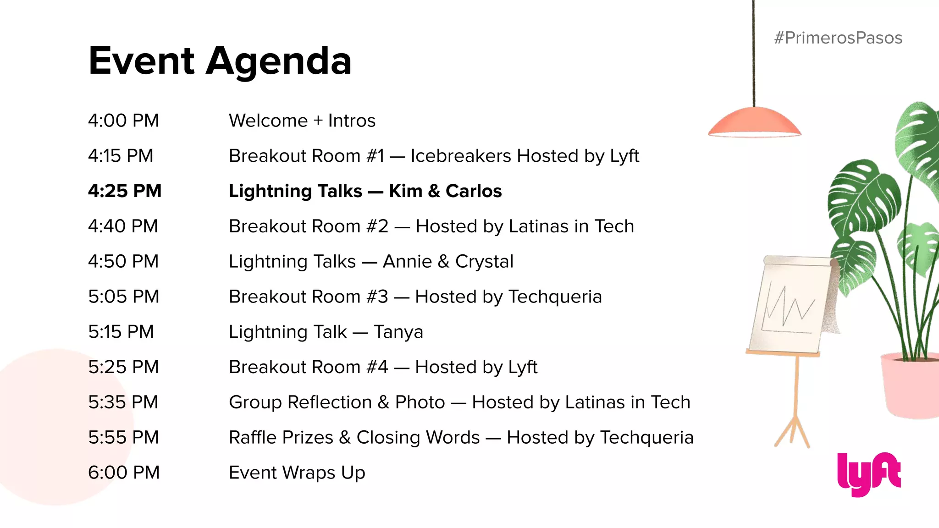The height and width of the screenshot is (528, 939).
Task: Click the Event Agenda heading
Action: click(220, 61)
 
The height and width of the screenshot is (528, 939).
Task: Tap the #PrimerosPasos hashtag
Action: click(838, 38)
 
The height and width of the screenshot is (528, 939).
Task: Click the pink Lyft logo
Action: click(868, 474)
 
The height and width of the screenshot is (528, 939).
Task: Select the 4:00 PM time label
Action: click(123, 121)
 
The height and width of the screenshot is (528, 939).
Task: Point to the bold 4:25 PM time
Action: click(125, 191)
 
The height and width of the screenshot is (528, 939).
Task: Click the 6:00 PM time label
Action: click(124, 473)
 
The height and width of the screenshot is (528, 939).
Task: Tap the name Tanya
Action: click(398, 332)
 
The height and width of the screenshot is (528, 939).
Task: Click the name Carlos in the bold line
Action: click(474, 191)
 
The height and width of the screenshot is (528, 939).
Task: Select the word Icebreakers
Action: click(461, 156)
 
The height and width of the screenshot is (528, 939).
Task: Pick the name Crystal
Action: click(484, 262)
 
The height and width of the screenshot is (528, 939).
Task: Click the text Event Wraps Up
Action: click(297, 473)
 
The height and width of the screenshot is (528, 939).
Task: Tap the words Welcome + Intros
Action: click(302, 121)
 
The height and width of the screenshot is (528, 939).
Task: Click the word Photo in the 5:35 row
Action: click(420, 402)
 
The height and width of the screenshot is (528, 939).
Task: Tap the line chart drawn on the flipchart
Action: click(788, 307)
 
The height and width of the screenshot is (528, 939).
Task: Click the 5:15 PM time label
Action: click(121, 332)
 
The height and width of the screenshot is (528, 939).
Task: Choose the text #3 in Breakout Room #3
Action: click(377, 297)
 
